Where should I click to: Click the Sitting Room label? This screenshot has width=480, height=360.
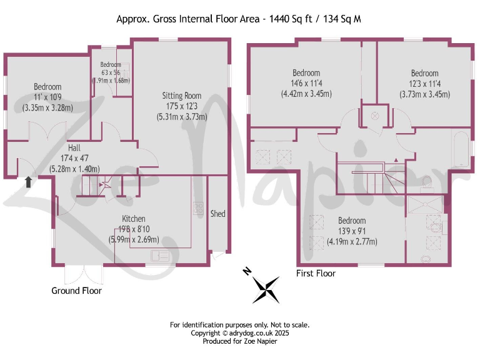point(181,96)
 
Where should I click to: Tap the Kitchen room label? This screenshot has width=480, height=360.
point(134,219)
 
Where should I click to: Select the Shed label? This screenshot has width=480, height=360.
point(217,214)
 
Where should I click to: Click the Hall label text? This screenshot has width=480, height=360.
point(74,147)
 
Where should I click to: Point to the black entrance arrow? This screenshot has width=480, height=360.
point(27,181)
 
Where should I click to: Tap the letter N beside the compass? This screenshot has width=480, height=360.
point(247,271)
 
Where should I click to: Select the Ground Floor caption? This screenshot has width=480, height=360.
point(76,291)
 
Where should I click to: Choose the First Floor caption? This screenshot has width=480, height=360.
point(316,273)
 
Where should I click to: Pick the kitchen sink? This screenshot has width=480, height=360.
point(161,255)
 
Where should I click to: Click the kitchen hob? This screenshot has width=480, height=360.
point(199,207)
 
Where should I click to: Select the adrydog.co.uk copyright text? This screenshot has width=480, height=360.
point(240,333)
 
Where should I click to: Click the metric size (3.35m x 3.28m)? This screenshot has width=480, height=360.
point(47,107)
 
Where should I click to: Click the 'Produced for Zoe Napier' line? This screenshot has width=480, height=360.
point(240,341)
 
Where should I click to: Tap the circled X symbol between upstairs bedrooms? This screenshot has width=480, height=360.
point(376,115)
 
